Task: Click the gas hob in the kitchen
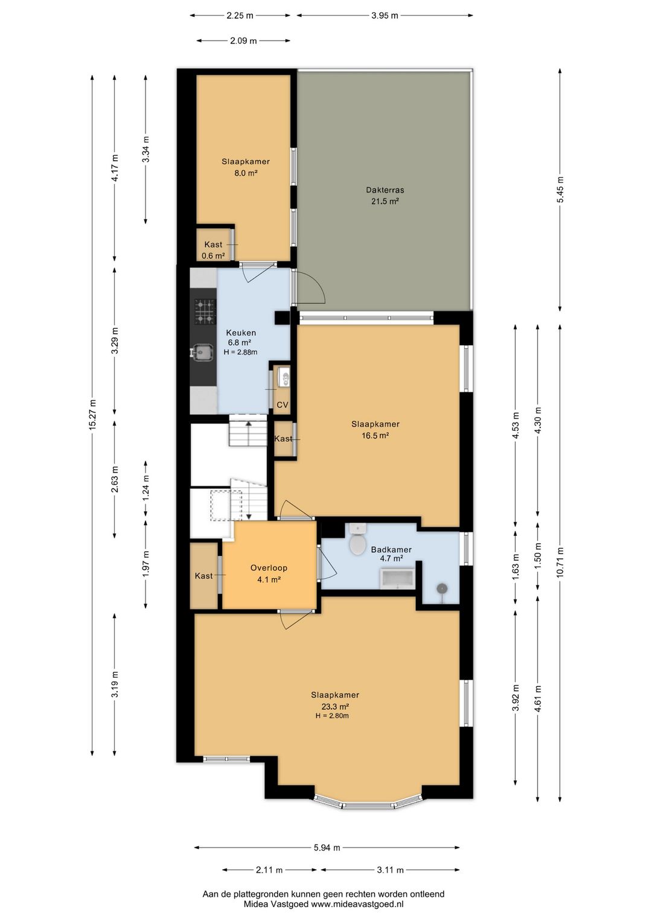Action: [x=205, y=311]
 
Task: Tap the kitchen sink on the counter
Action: [x=202, y=352]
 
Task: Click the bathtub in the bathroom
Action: [x=397, y=579]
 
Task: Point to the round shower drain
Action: [x=442, y=589]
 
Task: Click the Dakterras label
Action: [x=385, y=190]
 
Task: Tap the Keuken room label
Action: [x=241, y=333]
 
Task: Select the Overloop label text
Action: [x=269, y=568]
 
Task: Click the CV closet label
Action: [x=282, y=405]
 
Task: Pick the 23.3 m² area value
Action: [x=335, y=707]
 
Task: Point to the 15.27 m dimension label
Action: [x=92, y=415]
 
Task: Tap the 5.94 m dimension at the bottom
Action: [x=327, y=847]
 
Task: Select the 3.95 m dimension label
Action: [x=385, y=16]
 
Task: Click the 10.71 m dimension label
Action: [x=560, y=562]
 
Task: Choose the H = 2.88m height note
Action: [x=241, y=352]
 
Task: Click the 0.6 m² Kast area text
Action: [x=213, y=256]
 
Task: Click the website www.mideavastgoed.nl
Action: [x=357, y=904]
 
